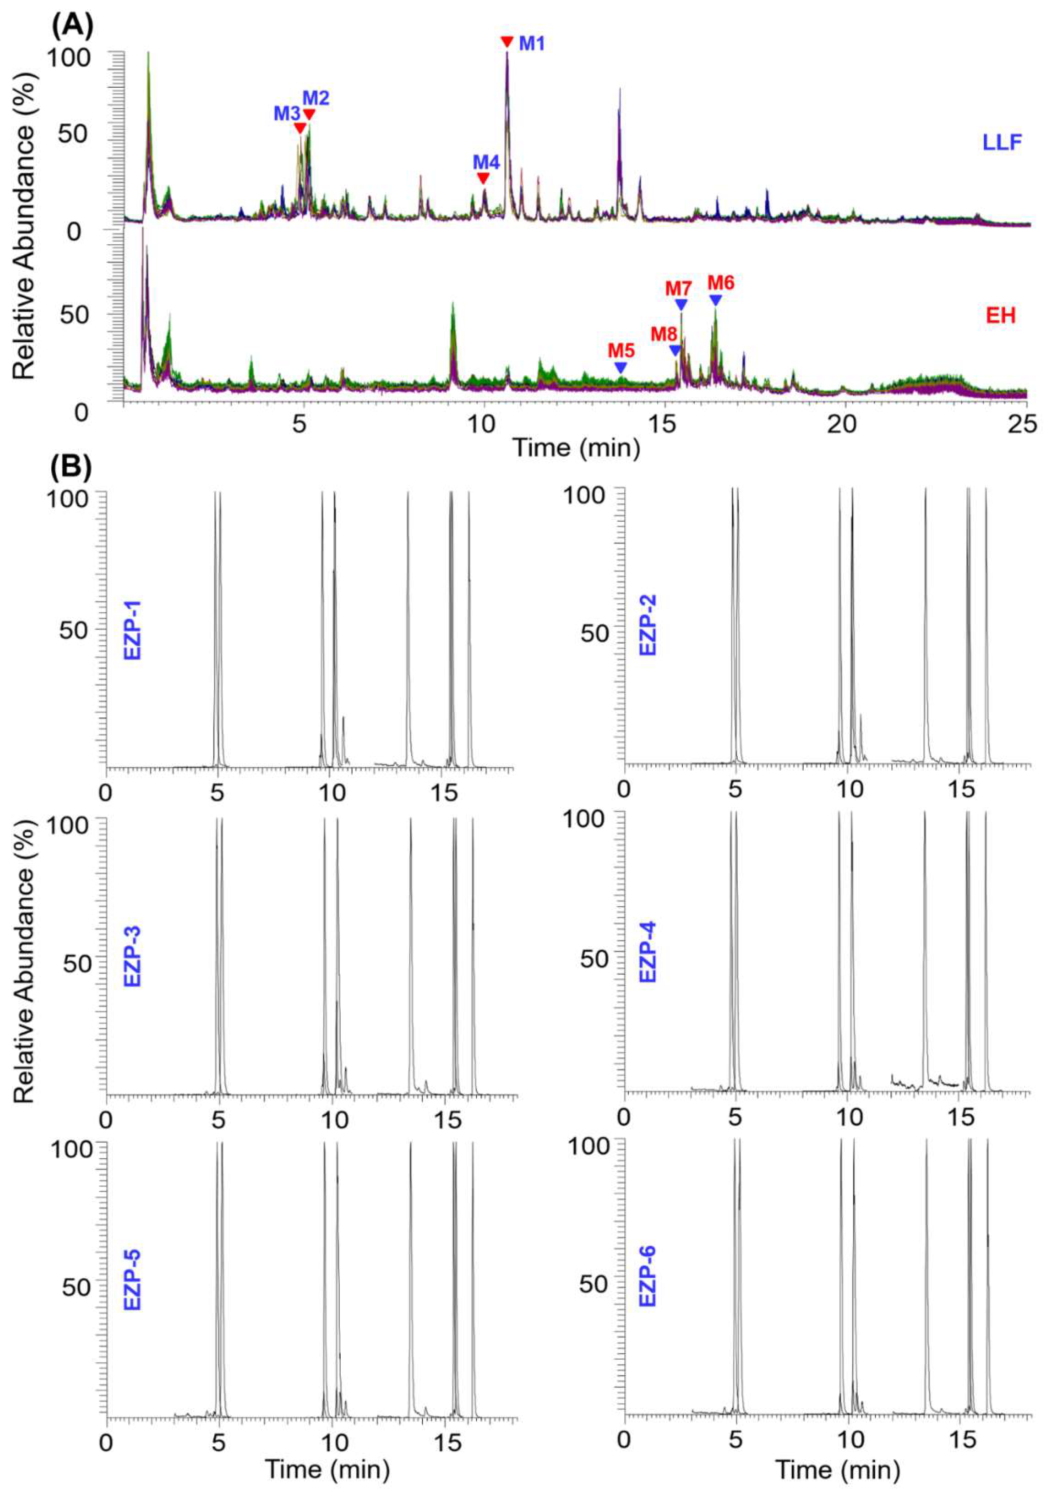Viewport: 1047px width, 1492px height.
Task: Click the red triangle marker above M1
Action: pyautogui.click(x=507, y=42)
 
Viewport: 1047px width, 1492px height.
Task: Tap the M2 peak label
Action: pyautogui.click(x=316, y=98)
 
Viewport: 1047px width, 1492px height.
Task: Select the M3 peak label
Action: pyautogui.click(x=286, y=113)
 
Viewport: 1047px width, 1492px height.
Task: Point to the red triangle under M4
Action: pyautogui.click(x=483, y=178)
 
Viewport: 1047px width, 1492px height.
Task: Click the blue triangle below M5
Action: pyautogui.click(x=621, y=368)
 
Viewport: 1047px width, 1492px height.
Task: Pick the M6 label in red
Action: pyautogui.click(x=721, y=283)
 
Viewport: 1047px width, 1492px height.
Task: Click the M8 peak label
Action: pyautogui.click(x=664, y=334)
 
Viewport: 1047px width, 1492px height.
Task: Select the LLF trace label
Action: pyautogui.click(x=1002, y=142)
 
